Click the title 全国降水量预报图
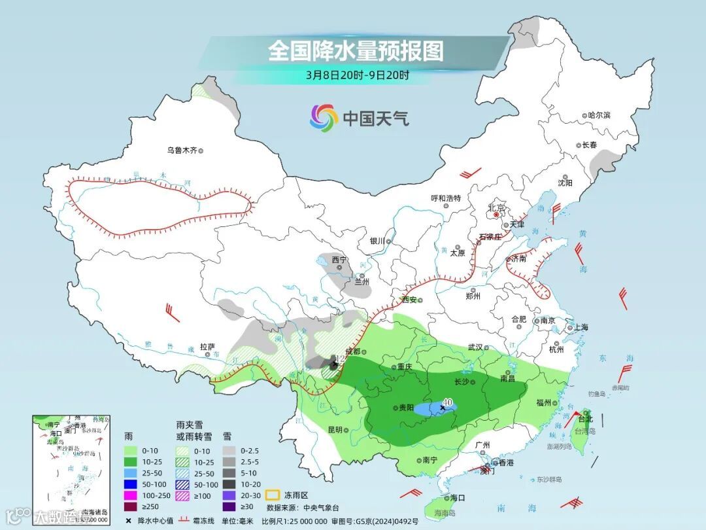[x=356, y=50]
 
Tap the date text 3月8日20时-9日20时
[x=358, y=75]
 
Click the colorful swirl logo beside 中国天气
[x=324, y=118]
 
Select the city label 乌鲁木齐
[x=181, y=150]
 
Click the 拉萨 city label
[x=207, y=347]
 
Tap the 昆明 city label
[x=335, y=430]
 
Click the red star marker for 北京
[x=496, y=214]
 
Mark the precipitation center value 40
[x=448, y=402]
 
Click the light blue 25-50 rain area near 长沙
[x=431, y=410]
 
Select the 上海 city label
[x=579, y=327]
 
